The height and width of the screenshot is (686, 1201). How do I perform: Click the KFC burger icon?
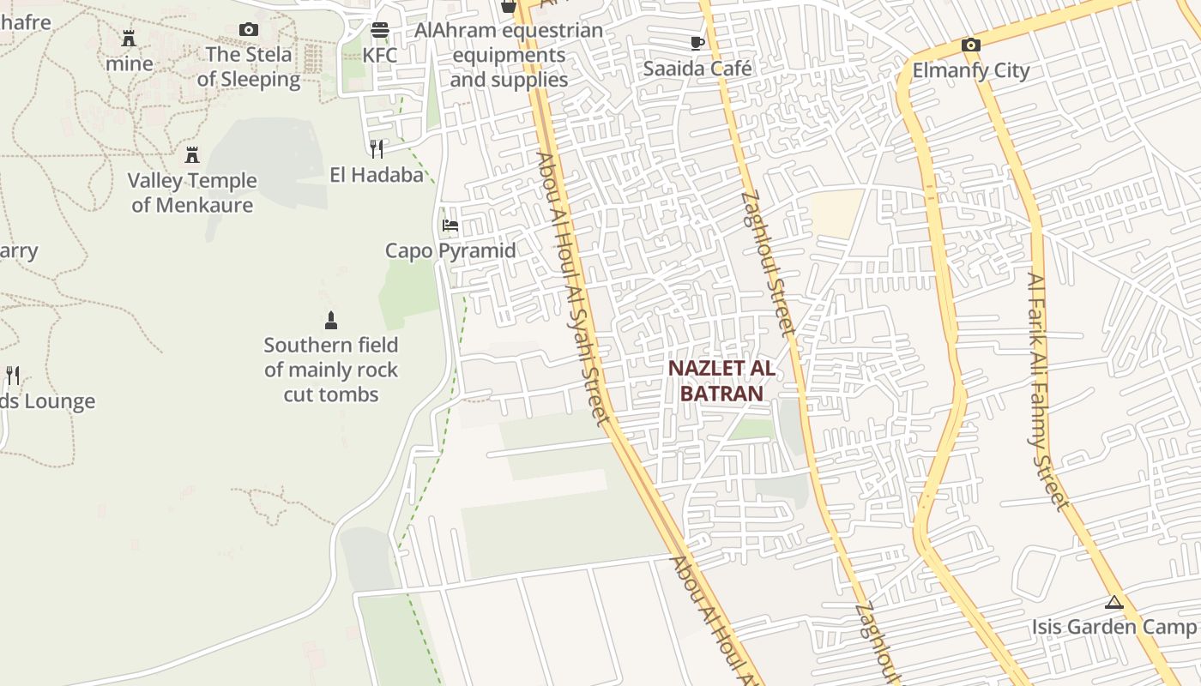click(x=379, y=31)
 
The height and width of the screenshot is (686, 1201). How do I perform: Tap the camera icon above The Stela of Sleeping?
click(x=249, y=30)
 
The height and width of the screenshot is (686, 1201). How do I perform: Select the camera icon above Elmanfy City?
click(x=970, y=45)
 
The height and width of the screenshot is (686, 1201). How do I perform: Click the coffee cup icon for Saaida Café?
click(x=697, y=43)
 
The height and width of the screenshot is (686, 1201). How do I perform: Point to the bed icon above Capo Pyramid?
click(x=450, y=226)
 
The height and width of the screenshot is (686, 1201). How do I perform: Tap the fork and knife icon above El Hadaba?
click(x=376, y=149)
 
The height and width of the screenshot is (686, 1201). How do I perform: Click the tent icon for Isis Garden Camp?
click(x=1113, y=603)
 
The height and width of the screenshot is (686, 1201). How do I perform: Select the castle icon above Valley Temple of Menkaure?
click(x=192, y=155)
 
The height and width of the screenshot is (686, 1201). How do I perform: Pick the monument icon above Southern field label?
click(x=331, y=321)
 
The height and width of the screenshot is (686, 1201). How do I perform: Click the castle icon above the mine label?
click(x=129, y=39)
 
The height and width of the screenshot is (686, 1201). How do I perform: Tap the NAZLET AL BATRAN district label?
click(x=721, y=382)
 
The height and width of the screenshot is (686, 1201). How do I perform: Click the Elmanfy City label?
click(x=970, y=70)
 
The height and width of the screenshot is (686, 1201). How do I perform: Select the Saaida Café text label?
click(x=697, y=69)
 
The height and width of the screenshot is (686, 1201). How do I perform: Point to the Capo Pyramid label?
click(x=450, y=251)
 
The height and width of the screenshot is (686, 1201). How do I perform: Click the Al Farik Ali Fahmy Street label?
click(x=1048, y=390)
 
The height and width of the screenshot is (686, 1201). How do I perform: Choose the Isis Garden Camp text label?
click(x=1113, y=627)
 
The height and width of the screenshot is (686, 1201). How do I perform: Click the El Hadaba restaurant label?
click(x=377, y=175)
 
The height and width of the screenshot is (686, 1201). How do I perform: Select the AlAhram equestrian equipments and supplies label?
click(x=509, y=55)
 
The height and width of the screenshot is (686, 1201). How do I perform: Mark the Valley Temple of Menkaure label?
click(x=192, y=193)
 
